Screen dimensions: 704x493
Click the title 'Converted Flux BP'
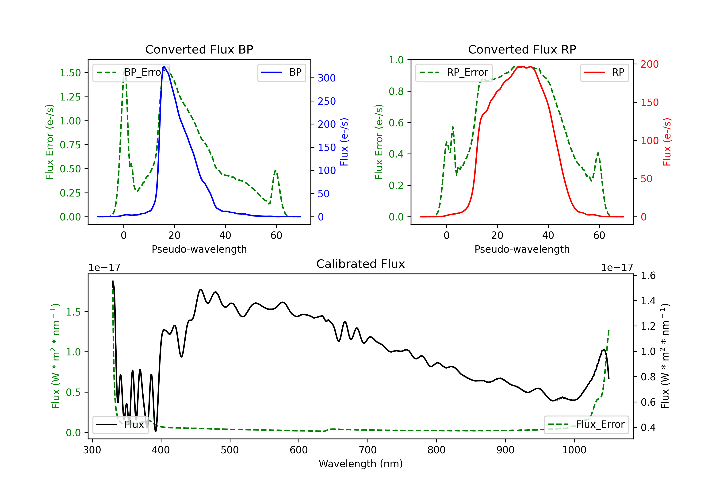[199, 49]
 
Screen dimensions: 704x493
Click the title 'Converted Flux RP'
[522, 49]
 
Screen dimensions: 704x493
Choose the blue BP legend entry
[281, 72]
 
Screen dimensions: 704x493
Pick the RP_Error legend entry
[454, 72]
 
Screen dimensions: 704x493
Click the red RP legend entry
[604, 72]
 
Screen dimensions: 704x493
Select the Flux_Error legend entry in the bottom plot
[586, 425]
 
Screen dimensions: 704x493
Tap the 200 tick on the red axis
[649, 64]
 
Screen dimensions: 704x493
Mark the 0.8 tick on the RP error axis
[396, 91]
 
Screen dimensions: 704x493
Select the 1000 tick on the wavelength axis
[574, 450]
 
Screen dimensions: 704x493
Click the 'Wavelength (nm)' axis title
[361, 464]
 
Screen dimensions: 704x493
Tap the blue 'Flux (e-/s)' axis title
[344, 142]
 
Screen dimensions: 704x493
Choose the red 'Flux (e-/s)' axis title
[667, 142]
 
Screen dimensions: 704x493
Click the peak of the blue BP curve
[164, 67]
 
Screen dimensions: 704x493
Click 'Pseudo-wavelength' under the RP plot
[522, 249]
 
